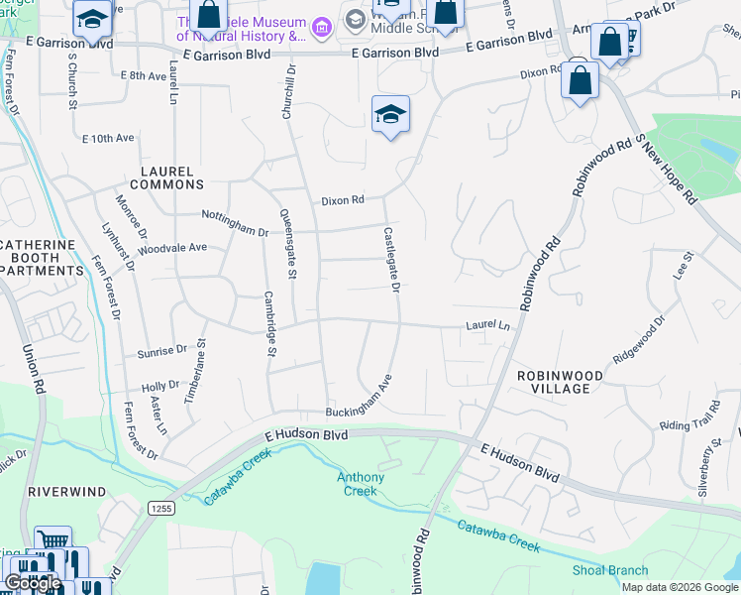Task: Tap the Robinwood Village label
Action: [x=553, y=382]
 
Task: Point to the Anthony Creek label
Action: [x=361, y=484]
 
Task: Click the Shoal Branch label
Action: [x=610, y=570]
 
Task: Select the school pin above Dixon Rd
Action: [x=391, y=115]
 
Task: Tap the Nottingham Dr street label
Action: [x=235, y=223]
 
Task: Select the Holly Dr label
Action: [x=159, y=385]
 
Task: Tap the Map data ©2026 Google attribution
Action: [x=679, y=587]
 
